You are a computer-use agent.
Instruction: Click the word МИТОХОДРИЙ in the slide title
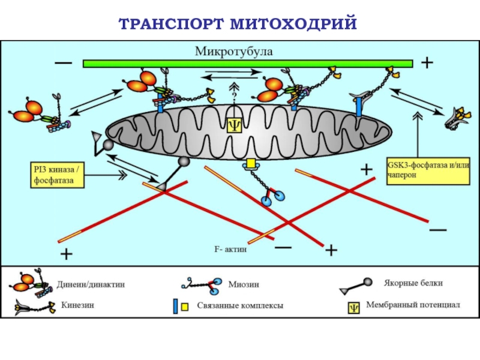click(293, 23)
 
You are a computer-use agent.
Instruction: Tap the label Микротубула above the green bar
click(233, 52)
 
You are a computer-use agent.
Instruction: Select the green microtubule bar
click(247, 64)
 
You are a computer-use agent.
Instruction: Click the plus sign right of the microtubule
click(427, 62)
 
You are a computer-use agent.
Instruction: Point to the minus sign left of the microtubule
click(62, 62)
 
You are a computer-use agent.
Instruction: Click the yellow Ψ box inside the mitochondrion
click(234, 124)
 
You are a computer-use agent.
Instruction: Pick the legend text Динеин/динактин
click(91, 285)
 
